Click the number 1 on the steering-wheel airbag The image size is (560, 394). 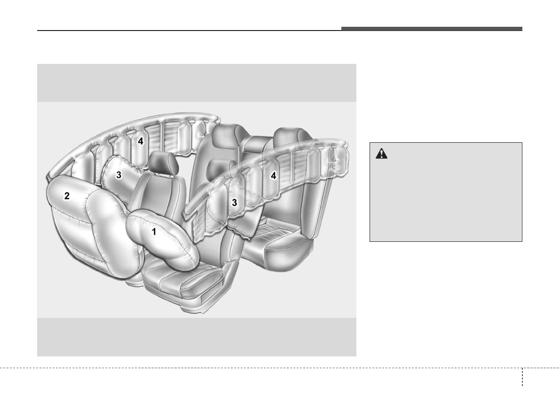click(x=154, y=232)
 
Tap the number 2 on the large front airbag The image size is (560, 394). click(x=67, y=196)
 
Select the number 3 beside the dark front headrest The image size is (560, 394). click(x=119, y=175)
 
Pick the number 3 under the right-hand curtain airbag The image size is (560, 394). click(x=234, y=202)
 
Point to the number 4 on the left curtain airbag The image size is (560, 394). click(x=141, y=141)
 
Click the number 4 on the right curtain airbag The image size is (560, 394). click(x=274, y=176)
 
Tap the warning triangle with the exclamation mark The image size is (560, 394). click(x=381, y=154)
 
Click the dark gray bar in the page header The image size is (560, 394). click(x=432, y=29)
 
